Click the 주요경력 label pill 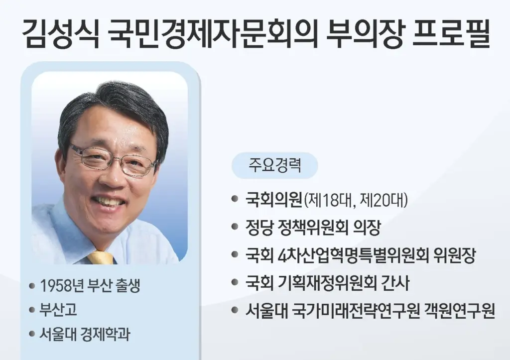pyautogui.click(x=274, y=165)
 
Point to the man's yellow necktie pyautogui.click(x=101, y=257)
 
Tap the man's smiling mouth pyautogui.click(x=109, y=202)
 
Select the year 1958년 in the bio pyautogui.click(x=62, y=286)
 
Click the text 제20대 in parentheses pyautogui.click(x=386, y=201)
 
